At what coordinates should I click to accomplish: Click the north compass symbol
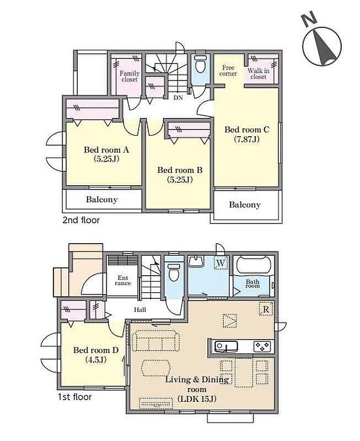click(322, 46)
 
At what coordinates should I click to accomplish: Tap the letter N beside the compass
click(309, 19)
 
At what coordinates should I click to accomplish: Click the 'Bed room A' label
click(106, 154)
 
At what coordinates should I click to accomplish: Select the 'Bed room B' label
click(180, 175)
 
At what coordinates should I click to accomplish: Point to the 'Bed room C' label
click(247, 134)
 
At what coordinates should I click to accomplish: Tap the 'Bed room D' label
click(96, 354)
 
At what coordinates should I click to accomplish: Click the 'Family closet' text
click(130, 77)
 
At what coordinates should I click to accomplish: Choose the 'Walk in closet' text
click(259, 74)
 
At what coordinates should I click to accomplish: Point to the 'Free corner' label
click(228, 71)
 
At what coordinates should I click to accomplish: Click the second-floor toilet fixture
click(200, 64)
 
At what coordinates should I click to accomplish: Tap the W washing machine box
click(221, 263)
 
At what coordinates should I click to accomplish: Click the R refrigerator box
click(266, 309)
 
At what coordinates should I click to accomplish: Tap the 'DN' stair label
click(178, 98)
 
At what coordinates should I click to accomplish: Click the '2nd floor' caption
click(81, 220)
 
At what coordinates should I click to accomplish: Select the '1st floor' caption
click(74, 397)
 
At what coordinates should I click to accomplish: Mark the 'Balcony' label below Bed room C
click(245, 205)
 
